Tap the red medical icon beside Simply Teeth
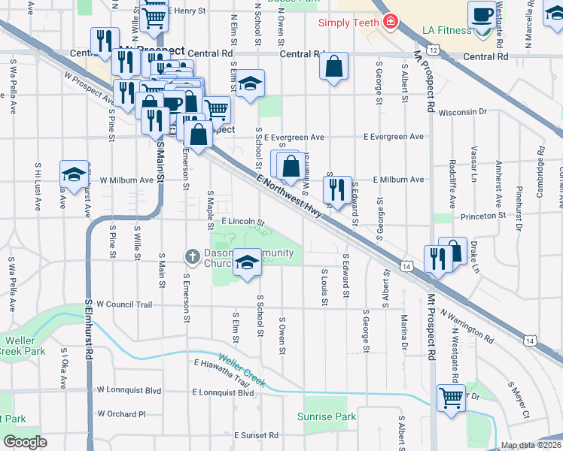point(389,22)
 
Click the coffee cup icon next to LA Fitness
point(481,14)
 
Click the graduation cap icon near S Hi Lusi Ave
point(73,174)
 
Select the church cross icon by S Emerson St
point(192,257)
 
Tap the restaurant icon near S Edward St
point(336,188)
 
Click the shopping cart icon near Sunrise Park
point(451,397)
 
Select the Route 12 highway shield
point(435,49)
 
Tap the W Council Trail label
point(124,304)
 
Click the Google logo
point(25,441)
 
